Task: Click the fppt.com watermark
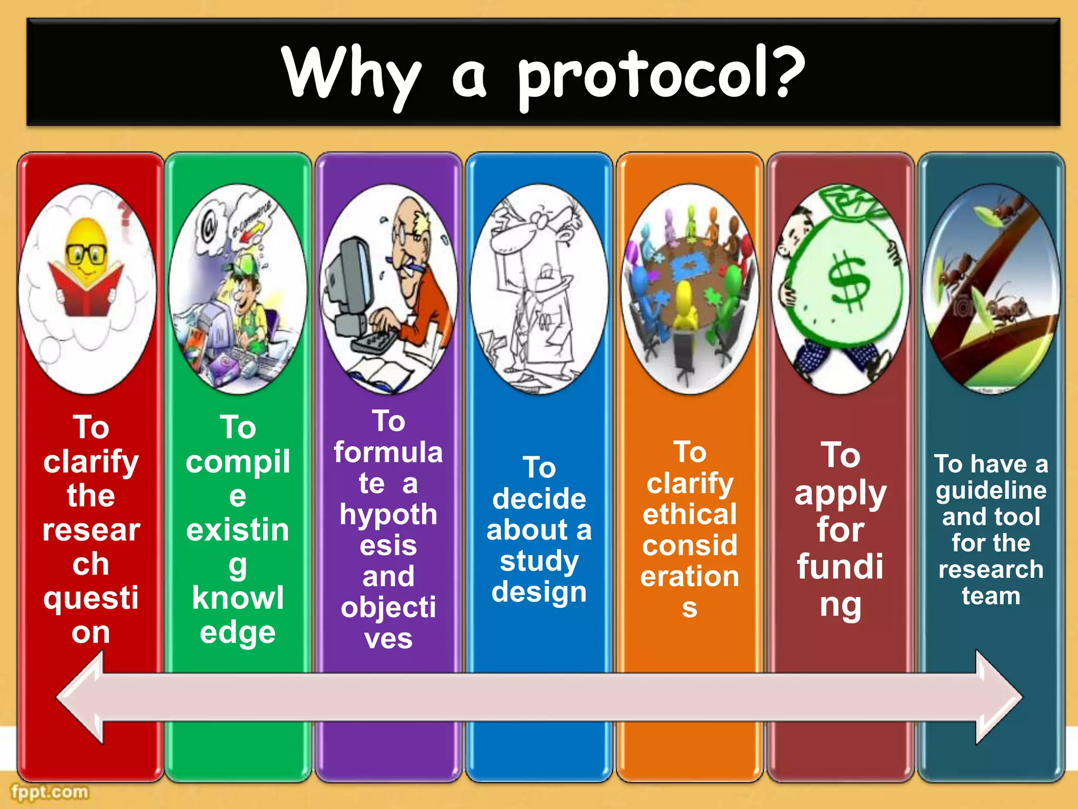[x=49, y=792]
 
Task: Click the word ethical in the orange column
[x=690, y=514]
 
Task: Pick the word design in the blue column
[x=539, y=592]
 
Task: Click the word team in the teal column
[x=991, y=596]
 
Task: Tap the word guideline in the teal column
[x=991, y=491]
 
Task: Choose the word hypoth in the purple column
[x=388, y=514]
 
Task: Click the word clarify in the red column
[x=91, y=462]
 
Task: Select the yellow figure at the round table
[x=684, y=305]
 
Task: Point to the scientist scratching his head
[x=537, y=284]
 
